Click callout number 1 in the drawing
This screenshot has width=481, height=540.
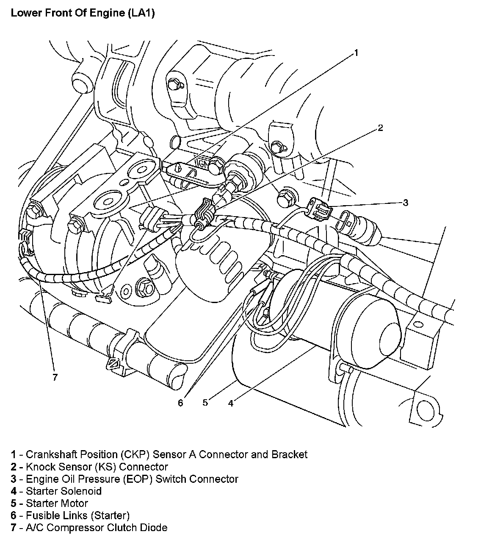click(x=356, y=53)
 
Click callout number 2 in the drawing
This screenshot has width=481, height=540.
click(x=380, y=128)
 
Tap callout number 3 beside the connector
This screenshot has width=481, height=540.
click(x=405, y=203)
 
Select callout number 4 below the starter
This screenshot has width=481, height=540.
click(x=230, y=403)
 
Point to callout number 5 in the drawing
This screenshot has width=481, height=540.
click(x=205, y=402)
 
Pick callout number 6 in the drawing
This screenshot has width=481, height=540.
click(x=181, y=403)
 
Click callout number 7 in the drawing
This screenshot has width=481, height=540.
click(x=55, y=377)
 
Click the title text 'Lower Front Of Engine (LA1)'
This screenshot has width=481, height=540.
click(x=83, y=13)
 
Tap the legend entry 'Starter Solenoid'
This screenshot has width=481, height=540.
click(x=64, y=491)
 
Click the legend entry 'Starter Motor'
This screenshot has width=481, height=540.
click(x=57, y=504)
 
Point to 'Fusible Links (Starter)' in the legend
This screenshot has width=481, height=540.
click(x=77, y=515)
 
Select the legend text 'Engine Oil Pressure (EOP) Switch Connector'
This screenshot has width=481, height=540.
click(x=132, y=479)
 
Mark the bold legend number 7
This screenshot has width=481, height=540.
click(x=14, y=528)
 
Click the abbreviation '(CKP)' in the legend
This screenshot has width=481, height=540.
click(x=135, y=454)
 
